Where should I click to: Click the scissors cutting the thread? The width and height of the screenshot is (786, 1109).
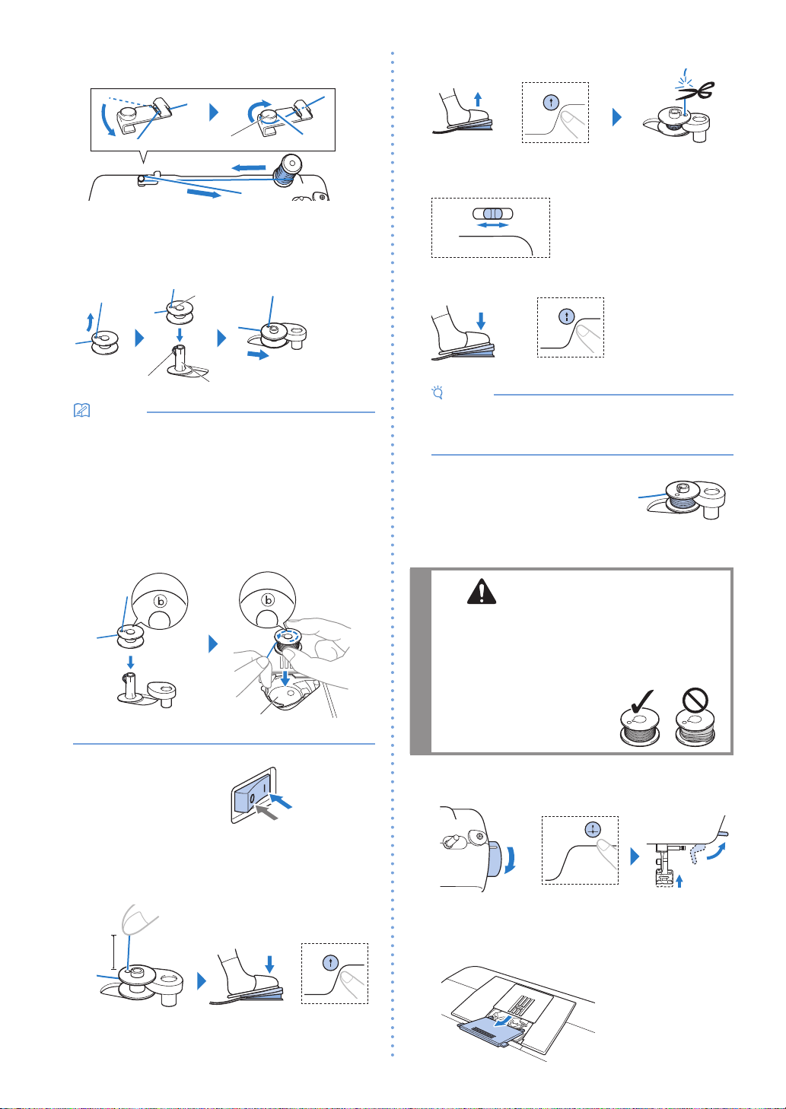coord(696,91)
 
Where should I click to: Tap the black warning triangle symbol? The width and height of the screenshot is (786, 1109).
coord(482,591)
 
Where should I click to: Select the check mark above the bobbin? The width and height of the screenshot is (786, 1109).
coord(642,701)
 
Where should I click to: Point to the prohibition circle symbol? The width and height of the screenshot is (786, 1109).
coord(695,700)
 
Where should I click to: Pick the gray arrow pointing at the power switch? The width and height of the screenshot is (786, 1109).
coord(266,812)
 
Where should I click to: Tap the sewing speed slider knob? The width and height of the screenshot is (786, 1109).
coord(492,214)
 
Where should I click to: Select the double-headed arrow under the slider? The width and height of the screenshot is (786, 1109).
coord(493,225)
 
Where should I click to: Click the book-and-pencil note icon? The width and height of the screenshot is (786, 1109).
coord(81,410)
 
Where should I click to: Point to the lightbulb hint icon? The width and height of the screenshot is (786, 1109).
coord(438,392)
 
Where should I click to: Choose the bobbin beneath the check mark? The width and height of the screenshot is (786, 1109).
coord(640,728)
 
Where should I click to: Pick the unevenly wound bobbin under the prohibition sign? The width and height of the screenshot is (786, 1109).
coord(695,728)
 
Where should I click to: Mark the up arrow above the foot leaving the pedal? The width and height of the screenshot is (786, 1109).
coord(478,99)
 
